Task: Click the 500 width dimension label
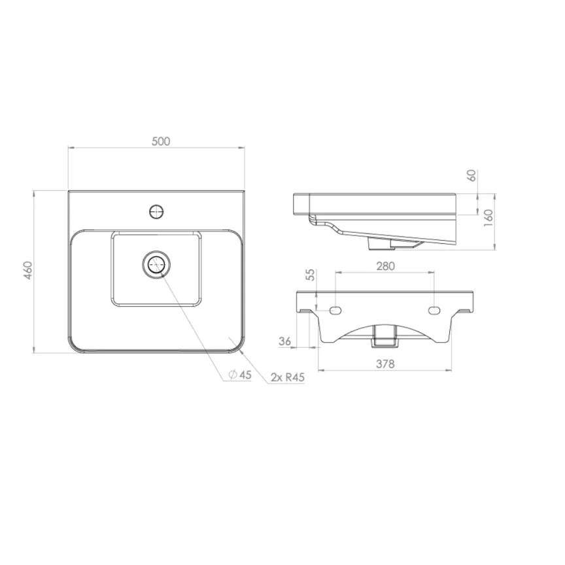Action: (x=161, y=141)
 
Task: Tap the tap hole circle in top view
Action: (x=157, y=211)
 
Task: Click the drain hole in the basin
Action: (x=156, y=265)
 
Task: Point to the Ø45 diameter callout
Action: (x=240, y=375)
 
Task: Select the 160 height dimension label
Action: (x=487, y=217)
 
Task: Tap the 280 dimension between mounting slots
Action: (x=386, y=266)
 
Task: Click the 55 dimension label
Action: (x=311, y=275)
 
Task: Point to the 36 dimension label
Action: (x=284, y=340)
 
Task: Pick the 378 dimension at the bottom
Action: (x=386, y=365)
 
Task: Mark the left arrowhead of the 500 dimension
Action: (x=71, y=148)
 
